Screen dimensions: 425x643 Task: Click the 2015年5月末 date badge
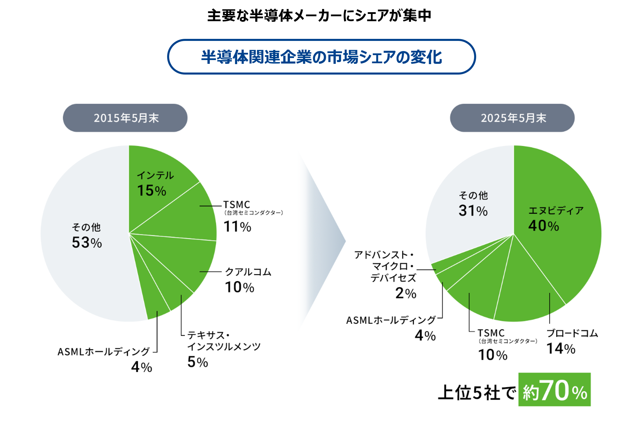[125, 118]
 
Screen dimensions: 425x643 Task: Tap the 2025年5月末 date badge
[512, 118]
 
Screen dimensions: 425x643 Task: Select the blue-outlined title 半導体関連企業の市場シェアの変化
[321, 57]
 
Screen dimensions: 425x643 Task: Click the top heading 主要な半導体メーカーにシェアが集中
[319, 15]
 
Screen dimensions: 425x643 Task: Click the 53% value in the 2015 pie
[87, 243]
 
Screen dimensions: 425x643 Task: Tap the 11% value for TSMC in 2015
[238, 227]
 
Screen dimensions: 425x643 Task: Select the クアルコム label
[248, 272]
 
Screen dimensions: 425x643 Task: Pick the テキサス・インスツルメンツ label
[224, 341]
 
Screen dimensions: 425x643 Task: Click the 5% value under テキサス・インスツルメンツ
[198, 362]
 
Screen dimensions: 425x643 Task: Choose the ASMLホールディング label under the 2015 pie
[103, 352]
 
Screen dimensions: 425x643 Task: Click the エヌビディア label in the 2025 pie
[556, 211]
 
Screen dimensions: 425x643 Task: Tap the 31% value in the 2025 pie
[473, 211]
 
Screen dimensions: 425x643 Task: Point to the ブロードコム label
[572, 333]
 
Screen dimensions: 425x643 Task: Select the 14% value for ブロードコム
[561, 348]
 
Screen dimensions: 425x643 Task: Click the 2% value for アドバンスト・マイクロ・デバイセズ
[406, 293]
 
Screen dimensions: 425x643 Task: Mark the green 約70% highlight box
[554, 390]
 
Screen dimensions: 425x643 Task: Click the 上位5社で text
[477, 393]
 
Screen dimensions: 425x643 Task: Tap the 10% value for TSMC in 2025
[493, 355]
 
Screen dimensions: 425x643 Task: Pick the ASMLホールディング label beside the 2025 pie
[391, 320]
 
